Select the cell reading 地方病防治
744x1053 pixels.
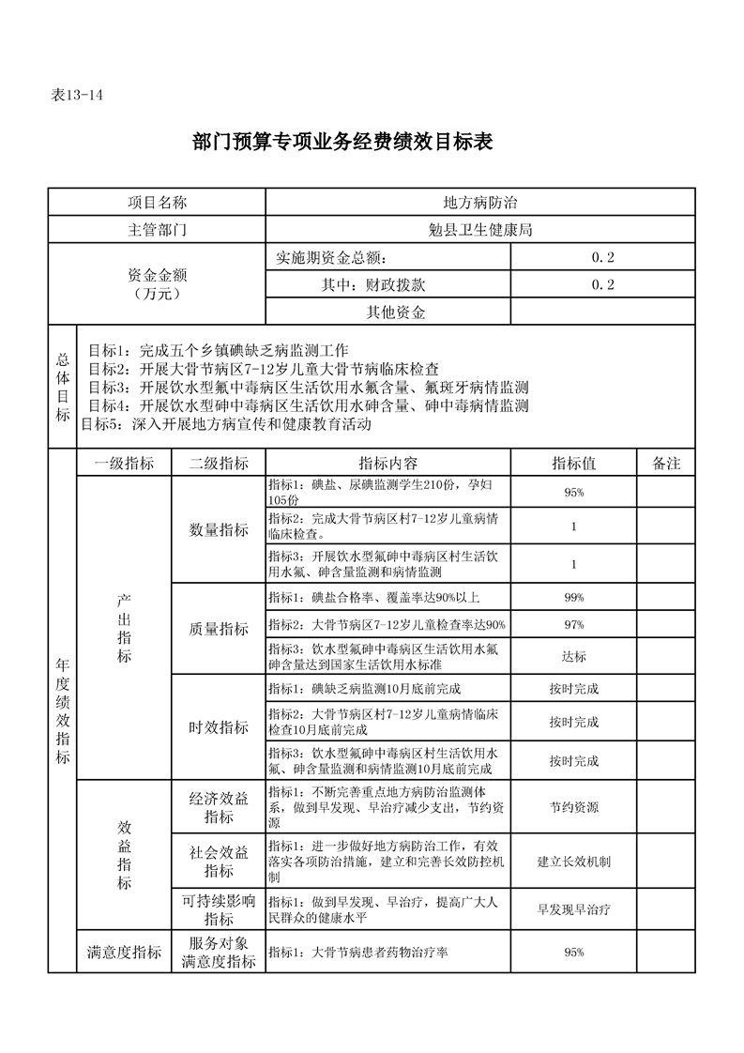(x=480, y=203)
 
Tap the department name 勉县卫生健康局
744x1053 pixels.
(x=480, y=230)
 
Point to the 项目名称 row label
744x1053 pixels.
(x=157, y=203)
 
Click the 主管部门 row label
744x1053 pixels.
(x=157, y=230)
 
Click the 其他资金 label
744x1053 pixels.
(x=395, y=312)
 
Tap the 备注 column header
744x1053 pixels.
(x=665, y=464)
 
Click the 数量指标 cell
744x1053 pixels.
(x=219, y=530)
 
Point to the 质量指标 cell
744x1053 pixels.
(x=219, y=629)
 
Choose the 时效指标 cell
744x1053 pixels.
(x=219, y=727)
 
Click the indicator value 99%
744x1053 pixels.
(x=574, y=598)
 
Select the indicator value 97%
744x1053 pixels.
(x=574, y=625)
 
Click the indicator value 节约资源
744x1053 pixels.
(x=574, y=807)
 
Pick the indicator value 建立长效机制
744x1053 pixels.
(x=574, y=861)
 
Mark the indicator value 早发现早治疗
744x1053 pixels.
(x=574, y=909)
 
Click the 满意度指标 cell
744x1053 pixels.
(x=124, y=953)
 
